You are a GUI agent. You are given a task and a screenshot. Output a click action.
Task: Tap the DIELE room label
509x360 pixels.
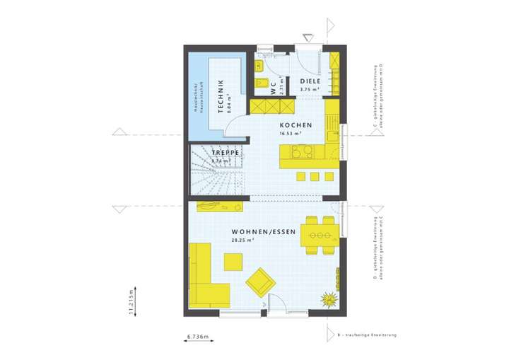(x=310, y=81)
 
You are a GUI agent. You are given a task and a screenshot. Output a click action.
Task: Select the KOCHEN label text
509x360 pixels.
(x=291, y=124)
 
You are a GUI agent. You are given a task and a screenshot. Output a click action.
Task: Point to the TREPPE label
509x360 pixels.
(x=226, y=153)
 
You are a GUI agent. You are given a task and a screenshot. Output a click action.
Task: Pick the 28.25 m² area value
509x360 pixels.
(x=242, y=240)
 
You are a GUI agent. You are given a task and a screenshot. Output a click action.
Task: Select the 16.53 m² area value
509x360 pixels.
(x=291, y=133)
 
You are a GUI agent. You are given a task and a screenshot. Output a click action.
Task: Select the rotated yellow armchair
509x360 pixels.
(x=260, y=282)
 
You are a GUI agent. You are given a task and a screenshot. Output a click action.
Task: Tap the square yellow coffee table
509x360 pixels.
(x=233, y=262)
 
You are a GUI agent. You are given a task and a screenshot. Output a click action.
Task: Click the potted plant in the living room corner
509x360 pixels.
(x=329, y=299)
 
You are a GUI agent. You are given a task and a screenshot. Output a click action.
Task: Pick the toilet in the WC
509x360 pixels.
(x=259, y=68)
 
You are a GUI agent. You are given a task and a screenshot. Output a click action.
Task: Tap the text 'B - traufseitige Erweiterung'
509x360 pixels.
(x=367, y=334)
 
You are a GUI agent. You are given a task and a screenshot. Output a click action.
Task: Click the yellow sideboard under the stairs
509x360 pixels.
(x=218, y=207)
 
